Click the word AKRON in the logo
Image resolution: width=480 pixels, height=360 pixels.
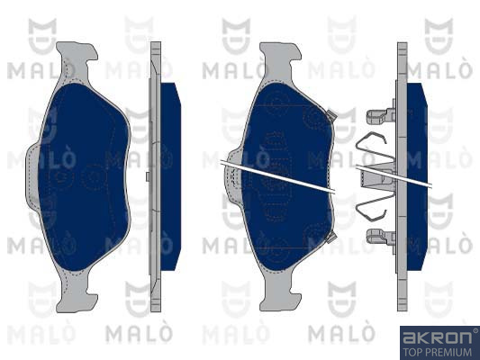pyautogui.click(x=437, y=337)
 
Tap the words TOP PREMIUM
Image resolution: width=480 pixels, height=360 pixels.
pyautogui.click(x=437, y=352)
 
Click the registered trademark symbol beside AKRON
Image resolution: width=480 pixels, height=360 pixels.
pyautogui.click(x=475, y=330)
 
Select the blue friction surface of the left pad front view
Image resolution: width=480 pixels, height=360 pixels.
pyautogui.click(x=84, y=176)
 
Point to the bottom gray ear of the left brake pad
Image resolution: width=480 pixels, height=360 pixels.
pyautogui.click(x=77, y=293)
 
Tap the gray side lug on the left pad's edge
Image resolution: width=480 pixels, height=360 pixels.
pyautogui.click(x=32, y=176)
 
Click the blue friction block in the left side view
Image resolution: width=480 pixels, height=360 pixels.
pyautogui.click(x=170, y=176)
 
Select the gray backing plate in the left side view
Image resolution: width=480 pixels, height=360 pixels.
pyautogui.click(x=156, y=176)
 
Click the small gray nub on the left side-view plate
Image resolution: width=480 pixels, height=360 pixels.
pyautogui.click(x=148, y=176)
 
